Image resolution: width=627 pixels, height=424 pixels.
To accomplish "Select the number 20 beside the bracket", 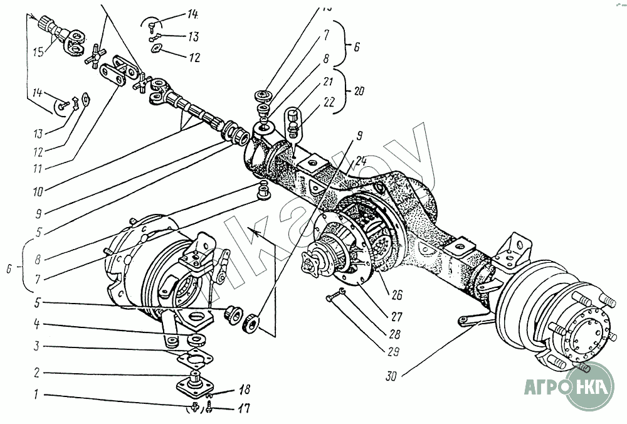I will tap(359, 90).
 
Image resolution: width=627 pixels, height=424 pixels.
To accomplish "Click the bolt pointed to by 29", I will tap(339, 295).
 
